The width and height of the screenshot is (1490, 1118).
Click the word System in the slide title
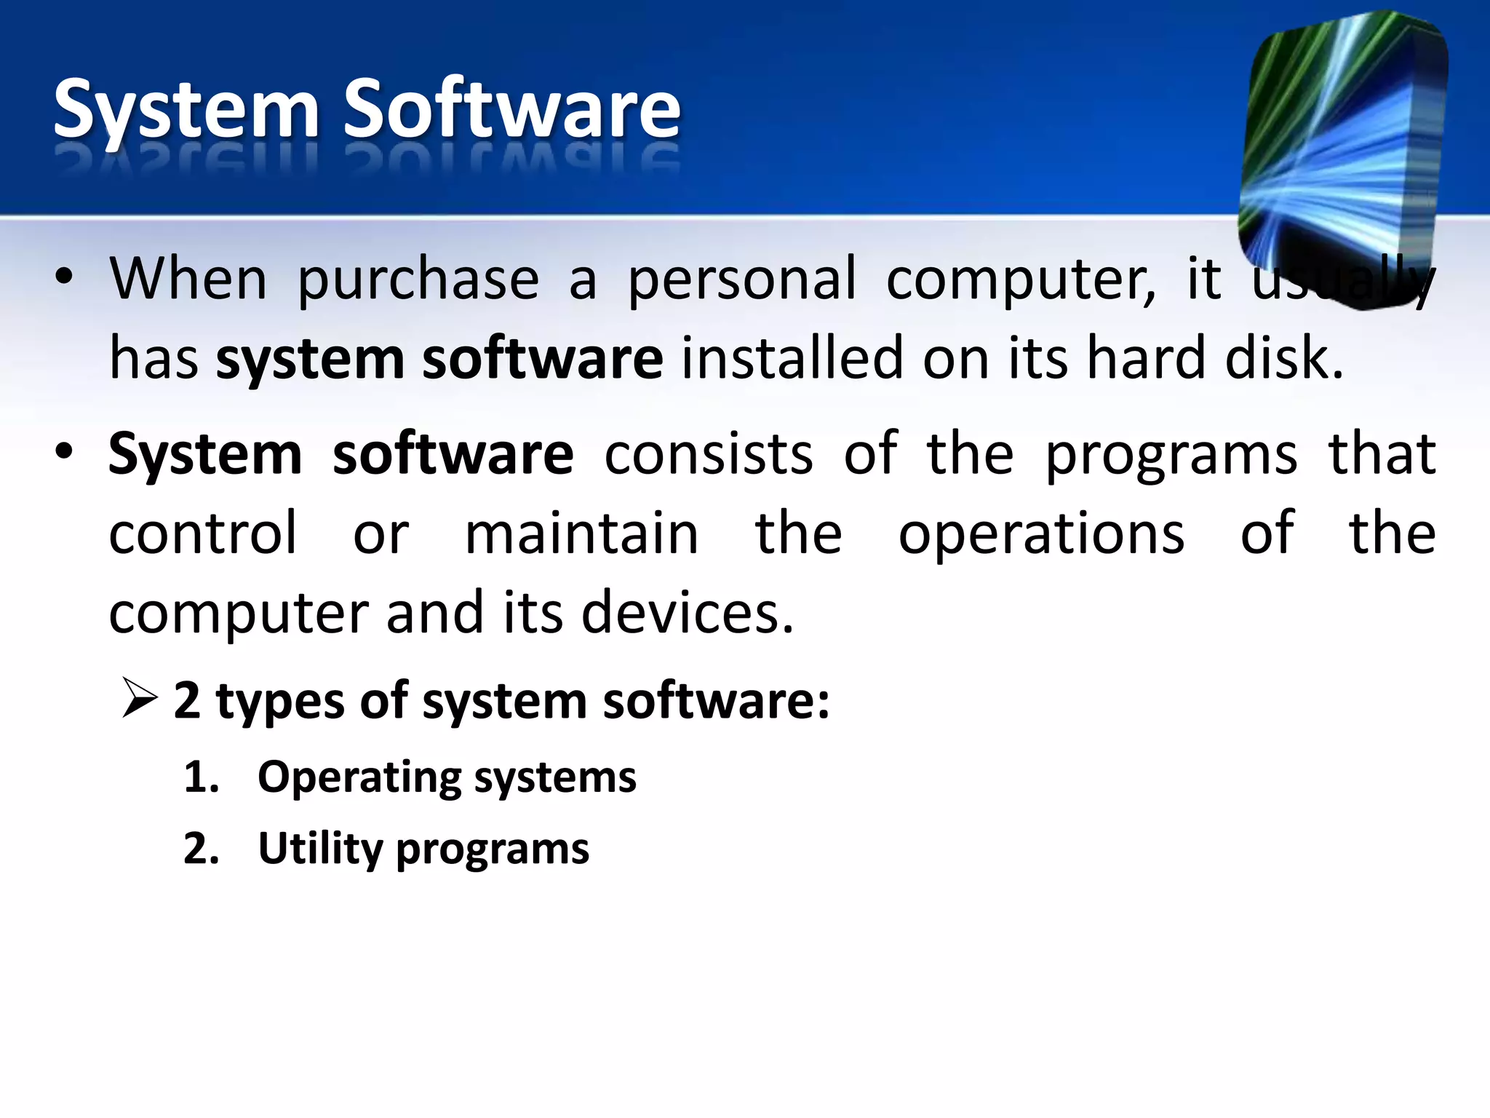[x=186, y=109]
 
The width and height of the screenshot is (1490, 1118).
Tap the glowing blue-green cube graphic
[x=1342, y=156]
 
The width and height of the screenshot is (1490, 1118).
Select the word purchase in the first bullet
[x=418, y=281]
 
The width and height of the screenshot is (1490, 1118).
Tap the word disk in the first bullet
[x=1284, y=358]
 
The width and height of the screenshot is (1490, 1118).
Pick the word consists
[x=709, y=454]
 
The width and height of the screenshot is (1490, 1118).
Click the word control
[x=203, y=533]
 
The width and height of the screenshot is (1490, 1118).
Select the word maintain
[x=581, y=533]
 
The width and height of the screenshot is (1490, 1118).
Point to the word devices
[x=687, y=613]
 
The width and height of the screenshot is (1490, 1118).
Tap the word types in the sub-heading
[x=280, y=703]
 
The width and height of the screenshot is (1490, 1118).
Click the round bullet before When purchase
[x=64, y=277]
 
